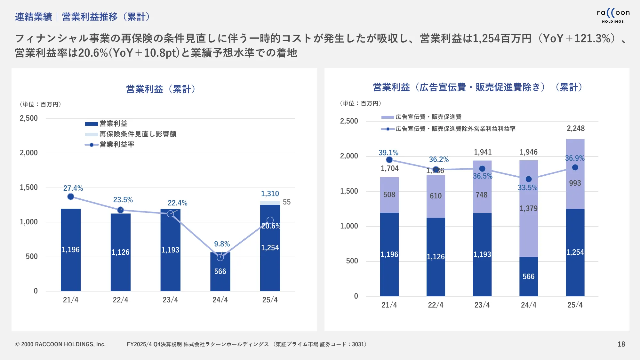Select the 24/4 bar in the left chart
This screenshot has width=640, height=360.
pos(220,272)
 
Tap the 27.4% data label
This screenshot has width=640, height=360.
pos(73,188)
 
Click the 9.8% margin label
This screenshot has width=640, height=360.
pos(222,244)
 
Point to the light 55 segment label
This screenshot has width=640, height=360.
pos(287,202)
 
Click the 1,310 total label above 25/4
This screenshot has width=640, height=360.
pos(270,194)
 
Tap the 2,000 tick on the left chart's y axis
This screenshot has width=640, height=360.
pos(29,153)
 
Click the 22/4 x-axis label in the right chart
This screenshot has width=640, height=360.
pos(436,305)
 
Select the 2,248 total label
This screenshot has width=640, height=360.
pos(575,128)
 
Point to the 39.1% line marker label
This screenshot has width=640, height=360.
pos(388,153)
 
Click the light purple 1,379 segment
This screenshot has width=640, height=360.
pos(528,208)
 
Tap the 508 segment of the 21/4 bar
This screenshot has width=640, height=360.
pos(389,195)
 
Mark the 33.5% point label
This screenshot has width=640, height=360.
pos(527,188)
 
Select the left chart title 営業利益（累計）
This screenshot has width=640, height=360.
pos(161,89)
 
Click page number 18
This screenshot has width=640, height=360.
pos(621,344)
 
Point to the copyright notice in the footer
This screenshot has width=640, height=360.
pos(60,344)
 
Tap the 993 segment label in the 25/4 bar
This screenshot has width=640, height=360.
pos(575,183)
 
